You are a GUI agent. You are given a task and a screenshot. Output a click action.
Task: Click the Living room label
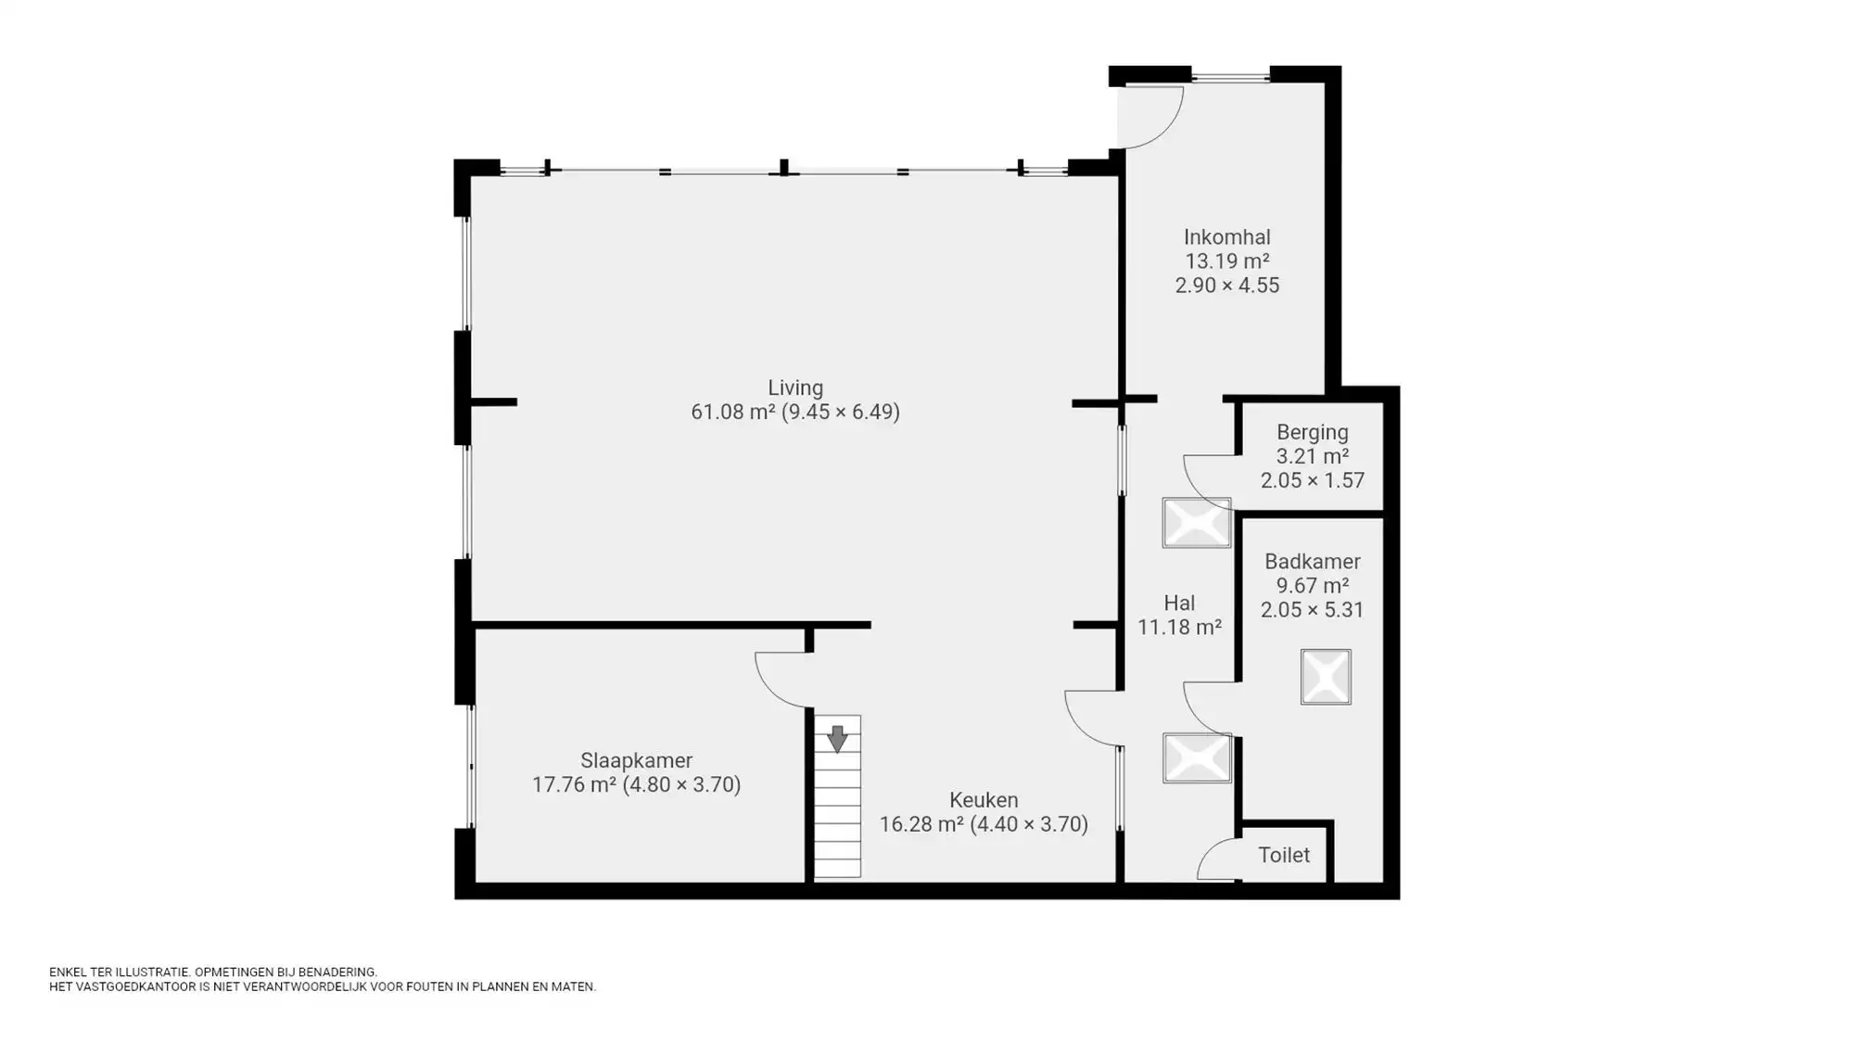click(x=794, y=388)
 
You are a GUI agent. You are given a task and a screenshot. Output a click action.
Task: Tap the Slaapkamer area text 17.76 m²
click(x=574, y=785)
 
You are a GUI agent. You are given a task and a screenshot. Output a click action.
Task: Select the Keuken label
click(x=984, y=800)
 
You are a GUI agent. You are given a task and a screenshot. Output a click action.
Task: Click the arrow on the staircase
click(x=837, y=738)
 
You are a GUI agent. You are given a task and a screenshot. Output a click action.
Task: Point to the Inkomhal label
click(x=1226, y=237)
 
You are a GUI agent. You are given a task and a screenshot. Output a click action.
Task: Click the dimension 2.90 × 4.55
click(x=1226, y=286)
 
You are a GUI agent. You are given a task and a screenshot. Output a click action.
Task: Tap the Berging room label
click(x=1312, y=432)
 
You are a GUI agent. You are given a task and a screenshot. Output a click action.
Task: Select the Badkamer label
click(x=1312, y=562)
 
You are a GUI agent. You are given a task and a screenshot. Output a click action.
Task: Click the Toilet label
click(x=1284, y=855)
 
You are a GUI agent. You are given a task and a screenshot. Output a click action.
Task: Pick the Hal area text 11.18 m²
click(x=1179, y=628)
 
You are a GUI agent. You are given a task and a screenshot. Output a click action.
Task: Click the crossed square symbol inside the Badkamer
click(x=1326, y=677)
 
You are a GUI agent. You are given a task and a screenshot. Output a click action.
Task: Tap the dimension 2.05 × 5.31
click(x=1312, y=610)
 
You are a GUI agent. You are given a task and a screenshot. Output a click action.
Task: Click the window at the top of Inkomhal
click(x=1230, y=77)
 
